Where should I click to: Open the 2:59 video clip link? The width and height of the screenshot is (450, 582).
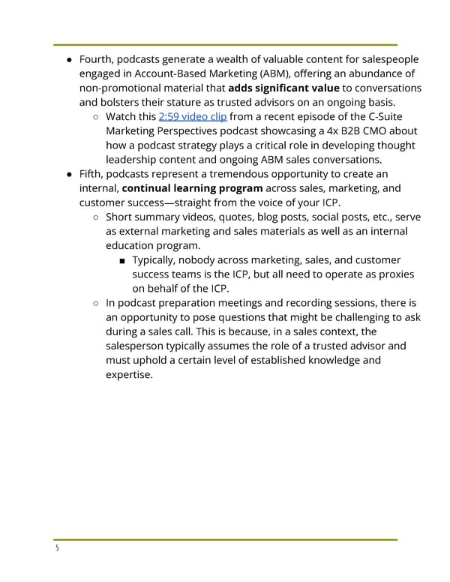pos(193,117)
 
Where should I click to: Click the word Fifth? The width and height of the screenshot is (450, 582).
pos(92,174)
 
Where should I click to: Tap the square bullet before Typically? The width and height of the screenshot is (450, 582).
pos(122,260)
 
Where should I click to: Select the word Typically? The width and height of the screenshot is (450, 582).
pos(160,259)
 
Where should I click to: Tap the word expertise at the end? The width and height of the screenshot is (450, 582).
pos(129,374)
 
